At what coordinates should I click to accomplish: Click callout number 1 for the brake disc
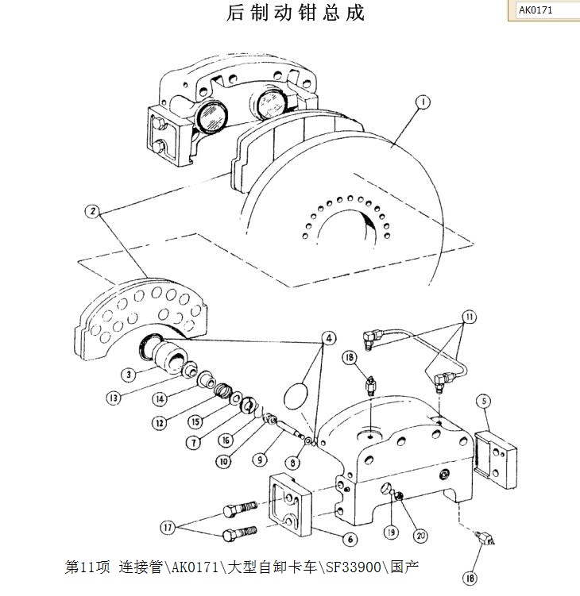coord(423,102)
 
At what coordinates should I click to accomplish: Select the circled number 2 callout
coord(94,212)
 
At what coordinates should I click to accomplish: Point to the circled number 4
coord(326,336)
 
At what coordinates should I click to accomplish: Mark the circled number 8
coord(295,462)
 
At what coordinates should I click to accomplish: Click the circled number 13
coord(114,397)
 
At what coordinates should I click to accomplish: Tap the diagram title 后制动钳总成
coord(296,13)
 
